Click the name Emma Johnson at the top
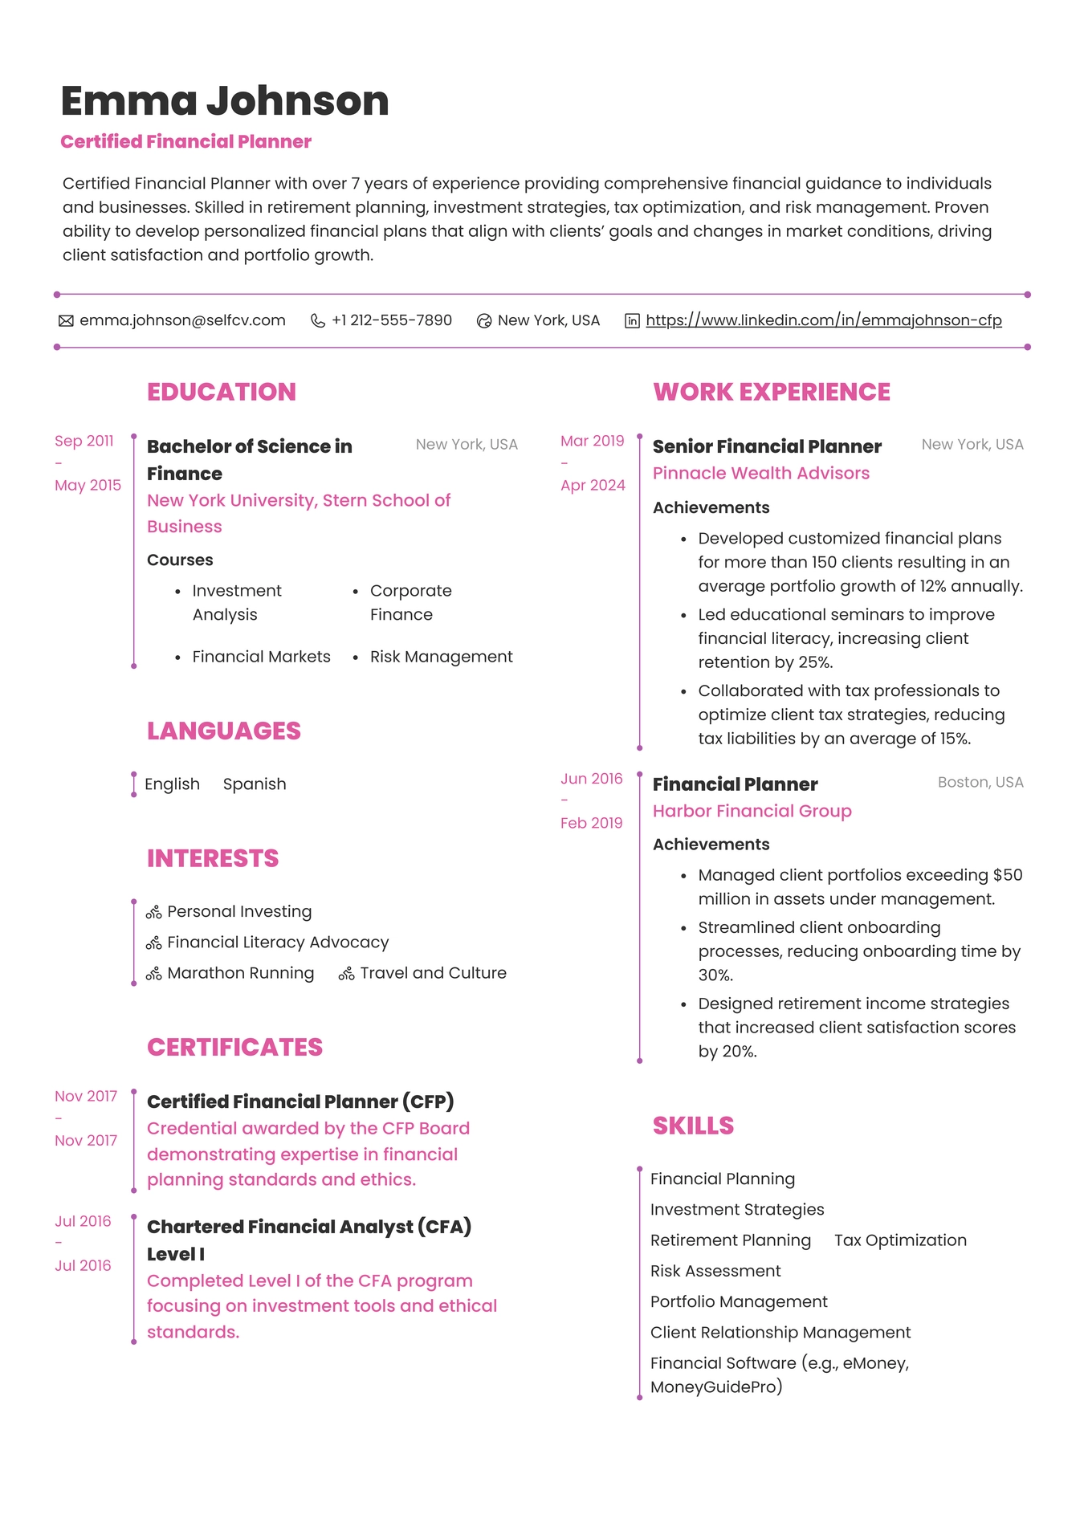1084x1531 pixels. (x=225, y=101)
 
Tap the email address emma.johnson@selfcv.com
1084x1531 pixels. (x=182, y=320)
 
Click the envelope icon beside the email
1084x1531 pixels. (x=66, y=321)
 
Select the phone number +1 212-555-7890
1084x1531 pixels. (x=391, y=320)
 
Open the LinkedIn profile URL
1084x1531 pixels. (x=823, y=320)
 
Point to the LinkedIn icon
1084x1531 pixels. (x=633, y=321)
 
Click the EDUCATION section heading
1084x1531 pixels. (x=221, y=392)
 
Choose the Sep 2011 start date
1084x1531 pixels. (x=84, y=441)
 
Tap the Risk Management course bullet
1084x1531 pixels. (x=441, y=657)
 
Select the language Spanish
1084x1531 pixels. (x=255, y=784)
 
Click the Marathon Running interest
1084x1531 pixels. (x=240, y=973)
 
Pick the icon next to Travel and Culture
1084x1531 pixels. (x=346, y=974)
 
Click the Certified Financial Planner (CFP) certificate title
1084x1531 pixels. (x=300, y=1101)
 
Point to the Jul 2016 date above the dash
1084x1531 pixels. (x=83, y=1221)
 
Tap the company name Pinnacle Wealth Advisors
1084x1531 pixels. (x=760, y=473)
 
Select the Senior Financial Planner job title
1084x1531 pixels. (x=767, y=446)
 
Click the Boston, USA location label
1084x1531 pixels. (x=980, y=782)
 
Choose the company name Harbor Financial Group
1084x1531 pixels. (x=752, y=811)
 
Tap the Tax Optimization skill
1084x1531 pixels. (x=900, y=1240)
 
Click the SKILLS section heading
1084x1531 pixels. (x=693, y=1126)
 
